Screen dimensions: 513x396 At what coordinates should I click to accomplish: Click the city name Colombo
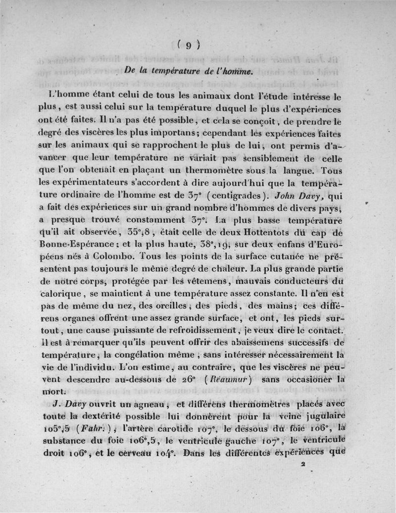[x=115, y=256]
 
